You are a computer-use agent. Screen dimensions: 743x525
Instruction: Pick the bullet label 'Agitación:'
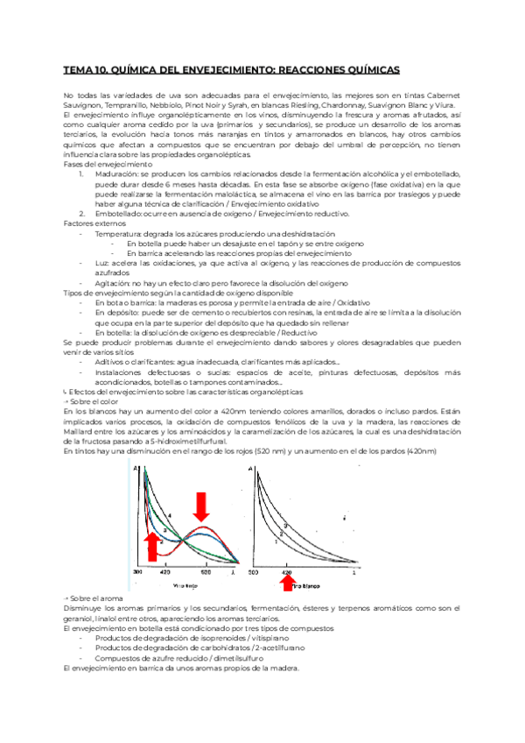(115, 283)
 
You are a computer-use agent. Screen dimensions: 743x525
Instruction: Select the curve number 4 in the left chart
(169, 513)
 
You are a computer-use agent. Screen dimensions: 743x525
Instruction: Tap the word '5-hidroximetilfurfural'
(192, 440)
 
